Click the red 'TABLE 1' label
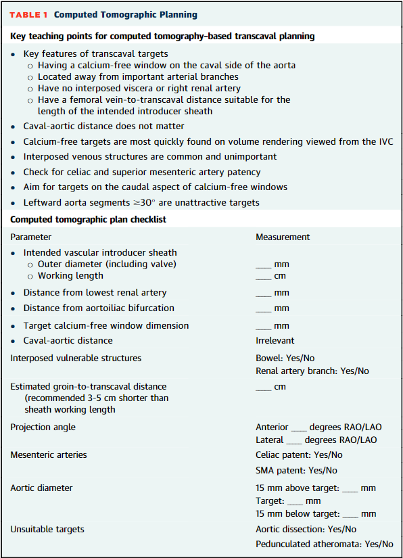click(28, 14)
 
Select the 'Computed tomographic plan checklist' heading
click(88, 219)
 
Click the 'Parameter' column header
click(31, 237)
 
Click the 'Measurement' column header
click(283, 237)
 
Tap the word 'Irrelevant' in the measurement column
click(275, 341)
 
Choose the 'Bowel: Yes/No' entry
click(285, 358)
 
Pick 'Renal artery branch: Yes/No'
click(312, 371)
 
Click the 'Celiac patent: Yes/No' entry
click(299, 455)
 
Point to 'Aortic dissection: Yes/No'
click(306, 529)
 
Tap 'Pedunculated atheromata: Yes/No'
click(324, 544)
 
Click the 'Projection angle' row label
click(43, 427)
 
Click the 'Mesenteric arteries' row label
click(49, 455)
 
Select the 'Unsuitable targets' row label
click(47, 529)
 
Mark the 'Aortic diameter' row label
click(41, 488)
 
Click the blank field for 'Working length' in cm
click(263, 276)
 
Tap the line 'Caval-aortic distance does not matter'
click(103, 126)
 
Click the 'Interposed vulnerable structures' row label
click(76, 358)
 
